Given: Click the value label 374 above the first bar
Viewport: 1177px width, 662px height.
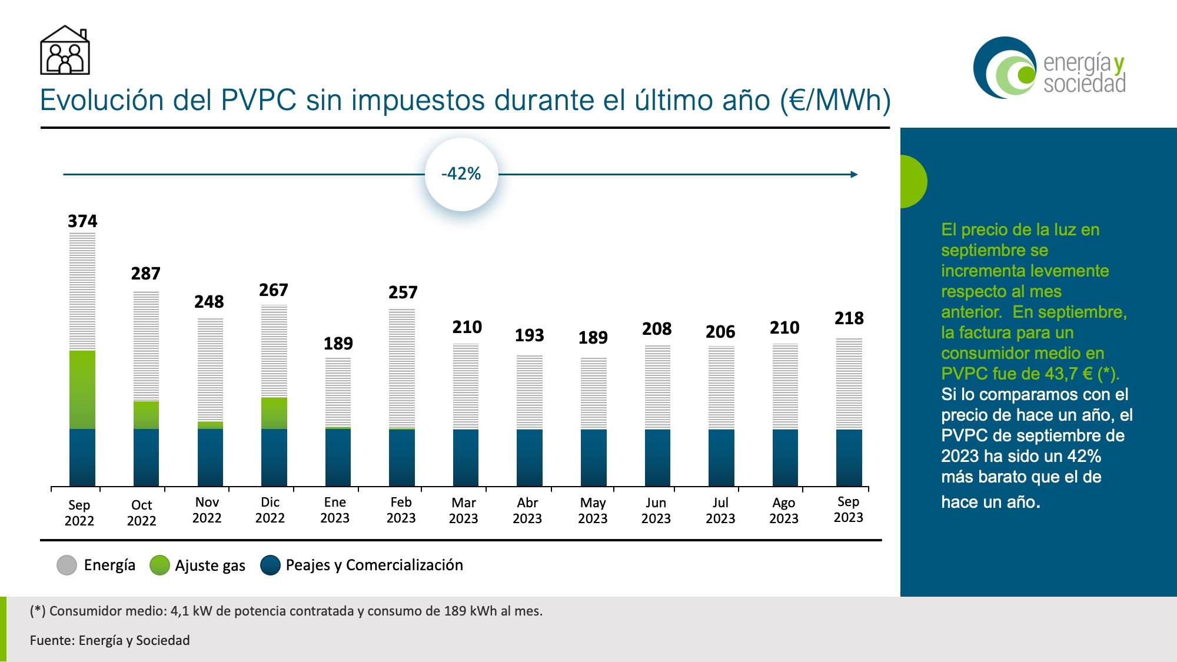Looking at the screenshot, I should [82, 221].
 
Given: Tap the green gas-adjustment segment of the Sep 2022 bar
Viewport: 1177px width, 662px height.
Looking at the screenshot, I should [82, 390].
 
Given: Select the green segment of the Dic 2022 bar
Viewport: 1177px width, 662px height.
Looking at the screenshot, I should [274, 413].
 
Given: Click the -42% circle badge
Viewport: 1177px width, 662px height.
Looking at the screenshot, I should [461, 174].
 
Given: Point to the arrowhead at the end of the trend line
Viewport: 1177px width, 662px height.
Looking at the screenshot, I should [855, 174].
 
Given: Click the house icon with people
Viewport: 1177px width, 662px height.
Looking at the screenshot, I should [65, 51].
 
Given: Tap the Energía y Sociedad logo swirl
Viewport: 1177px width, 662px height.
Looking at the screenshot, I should [1005, 68].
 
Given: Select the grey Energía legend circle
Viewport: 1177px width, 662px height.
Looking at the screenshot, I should [67, 565].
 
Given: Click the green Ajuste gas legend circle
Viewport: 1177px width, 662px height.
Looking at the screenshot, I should [159, 565].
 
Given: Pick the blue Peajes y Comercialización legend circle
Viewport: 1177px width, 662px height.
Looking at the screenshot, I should [270, 565].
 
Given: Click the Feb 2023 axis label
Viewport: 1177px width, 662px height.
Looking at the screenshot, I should [401, 510].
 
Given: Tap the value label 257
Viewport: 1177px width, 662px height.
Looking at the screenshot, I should [403, 292].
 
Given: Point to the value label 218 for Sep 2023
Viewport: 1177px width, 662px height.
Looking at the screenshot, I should [849, 318].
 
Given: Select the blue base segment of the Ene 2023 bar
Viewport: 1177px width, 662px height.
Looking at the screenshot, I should [338, 457].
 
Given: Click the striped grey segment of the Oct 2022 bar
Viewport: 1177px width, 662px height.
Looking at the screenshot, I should [146, 346].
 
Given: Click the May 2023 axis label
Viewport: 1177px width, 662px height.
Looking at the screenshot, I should [593, 511].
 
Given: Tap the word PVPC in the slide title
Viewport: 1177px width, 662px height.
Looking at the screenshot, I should [258, 100].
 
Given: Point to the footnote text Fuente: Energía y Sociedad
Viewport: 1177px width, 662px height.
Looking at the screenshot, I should [110, 640].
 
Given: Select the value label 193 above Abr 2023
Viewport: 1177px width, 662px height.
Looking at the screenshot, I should [530, 335].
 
